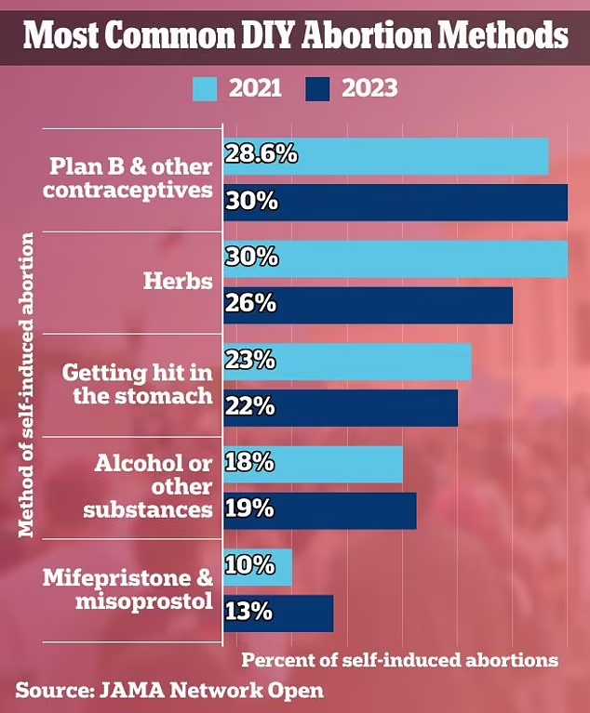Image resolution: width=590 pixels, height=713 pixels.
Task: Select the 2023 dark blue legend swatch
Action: coord(318,89)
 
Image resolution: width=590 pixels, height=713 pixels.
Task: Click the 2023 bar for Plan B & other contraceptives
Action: coord(395,203)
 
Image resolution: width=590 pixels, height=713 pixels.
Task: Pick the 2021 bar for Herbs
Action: coord(395,258)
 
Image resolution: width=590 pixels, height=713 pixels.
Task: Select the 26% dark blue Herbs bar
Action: coord(368,305)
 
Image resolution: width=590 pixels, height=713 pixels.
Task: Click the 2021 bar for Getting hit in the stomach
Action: coord(346,361)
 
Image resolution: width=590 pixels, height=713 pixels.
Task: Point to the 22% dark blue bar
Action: coord(340,407)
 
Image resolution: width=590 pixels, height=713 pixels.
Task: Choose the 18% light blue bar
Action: coord(313,463)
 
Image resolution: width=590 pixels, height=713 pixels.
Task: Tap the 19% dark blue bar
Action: coord(319,509)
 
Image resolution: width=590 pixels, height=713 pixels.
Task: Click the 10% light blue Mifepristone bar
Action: coord(258,567)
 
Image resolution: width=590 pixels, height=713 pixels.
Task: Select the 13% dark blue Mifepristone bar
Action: coord(277,613)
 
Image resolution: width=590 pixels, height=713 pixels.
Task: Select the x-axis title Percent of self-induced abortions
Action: coord(400,660)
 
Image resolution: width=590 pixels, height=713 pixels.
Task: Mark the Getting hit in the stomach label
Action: coord(138,384)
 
